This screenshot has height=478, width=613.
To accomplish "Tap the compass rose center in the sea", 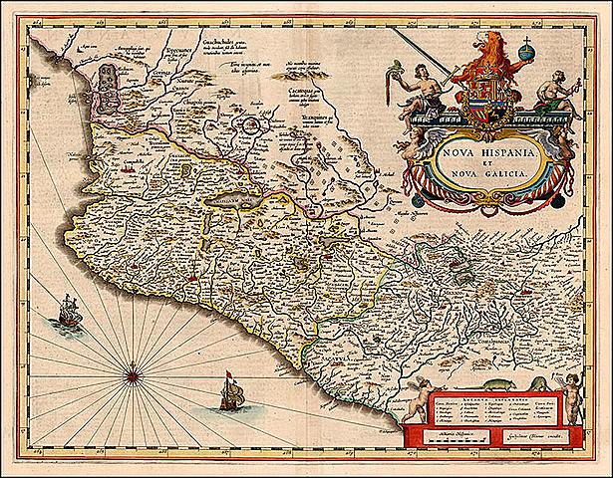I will pyautogui.click(x=132, y=375).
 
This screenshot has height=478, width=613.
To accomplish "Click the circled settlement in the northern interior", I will pyautogui.click(x=253, y=126).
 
